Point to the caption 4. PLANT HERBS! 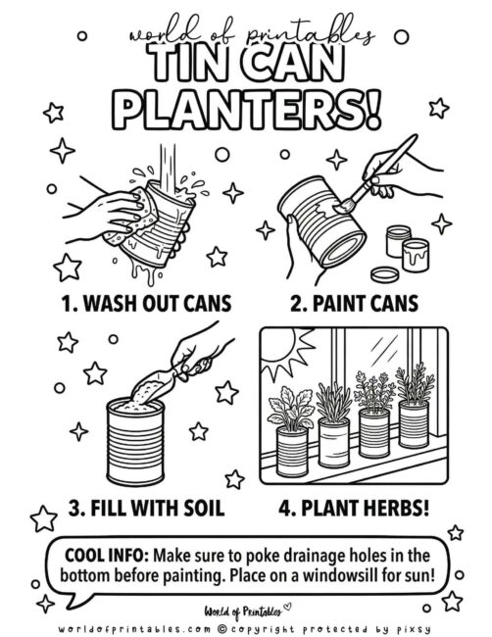click(x=357, y=508)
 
